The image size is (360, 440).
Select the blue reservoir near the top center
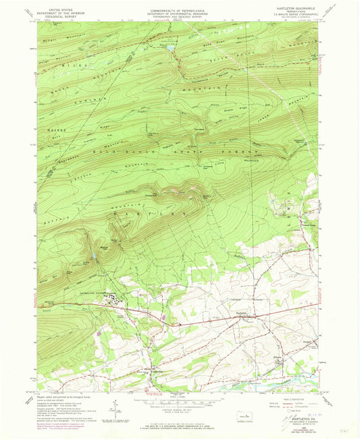pos(170,49)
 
